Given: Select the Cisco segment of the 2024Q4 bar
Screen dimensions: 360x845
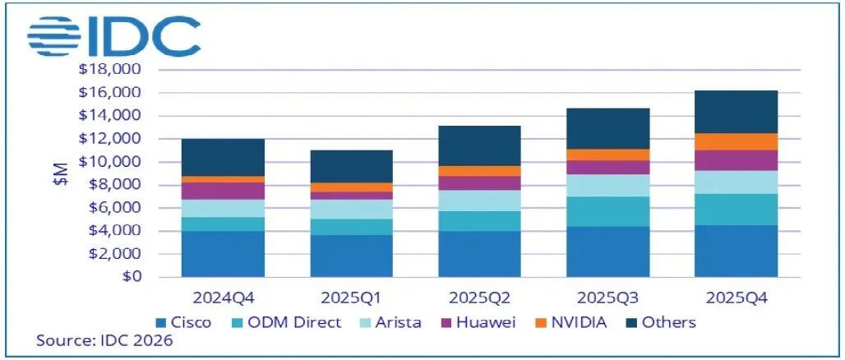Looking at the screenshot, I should (223, 253).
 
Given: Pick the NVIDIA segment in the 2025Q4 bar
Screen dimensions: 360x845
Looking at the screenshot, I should (736, 141).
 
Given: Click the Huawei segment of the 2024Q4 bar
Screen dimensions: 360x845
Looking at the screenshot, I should (223, 191).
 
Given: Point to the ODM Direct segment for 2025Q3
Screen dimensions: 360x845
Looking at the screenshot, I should (607, 211).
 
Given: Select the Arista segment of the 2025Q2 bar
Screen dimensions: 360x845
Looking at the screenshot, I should (479, 201).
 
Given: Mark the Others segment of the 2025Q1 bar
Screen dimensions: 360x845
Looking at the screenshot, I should (351, 166).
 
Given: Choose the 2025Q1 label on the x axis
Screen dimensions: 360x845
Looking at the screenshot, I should (351, 295).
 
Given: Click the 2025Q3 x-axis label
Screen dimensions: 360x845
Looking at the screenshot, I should (607, 295).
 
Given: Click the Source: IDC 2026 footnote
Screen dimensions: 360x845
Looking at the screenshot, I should (104, 340).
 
